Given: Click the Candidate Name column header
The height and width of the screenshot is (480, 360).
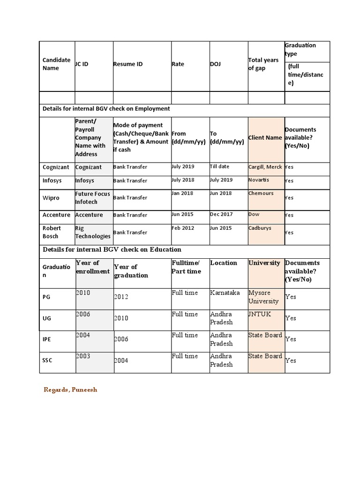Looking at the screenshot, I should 56,64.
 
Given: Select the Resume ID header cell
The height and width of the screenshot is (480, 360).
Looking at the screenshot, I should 127,64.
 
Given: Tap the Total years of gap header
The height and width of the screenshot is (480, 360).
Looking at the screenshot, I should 263,64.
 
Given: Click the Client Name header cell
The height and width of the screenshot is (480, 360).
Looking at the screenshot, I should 265,138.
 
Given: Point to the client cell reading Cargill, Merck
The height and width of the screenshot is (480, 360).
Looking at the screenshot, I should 265,167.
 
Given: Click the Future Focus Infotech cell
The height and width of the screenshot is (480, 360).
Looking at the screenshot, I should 93,197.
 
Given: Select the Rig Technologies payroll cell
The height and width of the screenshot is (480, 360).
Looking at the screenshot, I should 93,232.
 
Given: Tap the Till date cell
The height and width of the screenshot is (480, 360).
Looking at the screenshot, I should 220,167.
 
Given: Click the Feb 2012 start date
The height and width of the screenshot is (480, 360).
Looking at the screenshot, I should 182,228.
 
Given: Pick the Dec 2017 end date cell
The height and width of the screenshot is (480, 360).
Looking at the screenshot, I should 221,215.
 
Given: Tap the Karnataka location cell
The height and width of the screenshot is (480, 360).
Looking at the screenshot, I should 224,293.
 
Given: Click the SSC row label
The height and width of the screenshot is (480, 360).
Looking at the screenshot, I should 48,360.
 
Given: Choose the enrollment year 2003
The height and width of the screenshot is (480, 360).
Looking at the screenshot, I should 83,357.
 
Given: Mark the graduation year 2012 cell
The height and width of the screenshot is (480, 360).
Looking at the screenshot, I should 121,297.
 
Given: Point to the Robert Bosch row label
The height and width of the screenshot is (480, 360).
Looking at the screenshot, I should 52,232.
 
